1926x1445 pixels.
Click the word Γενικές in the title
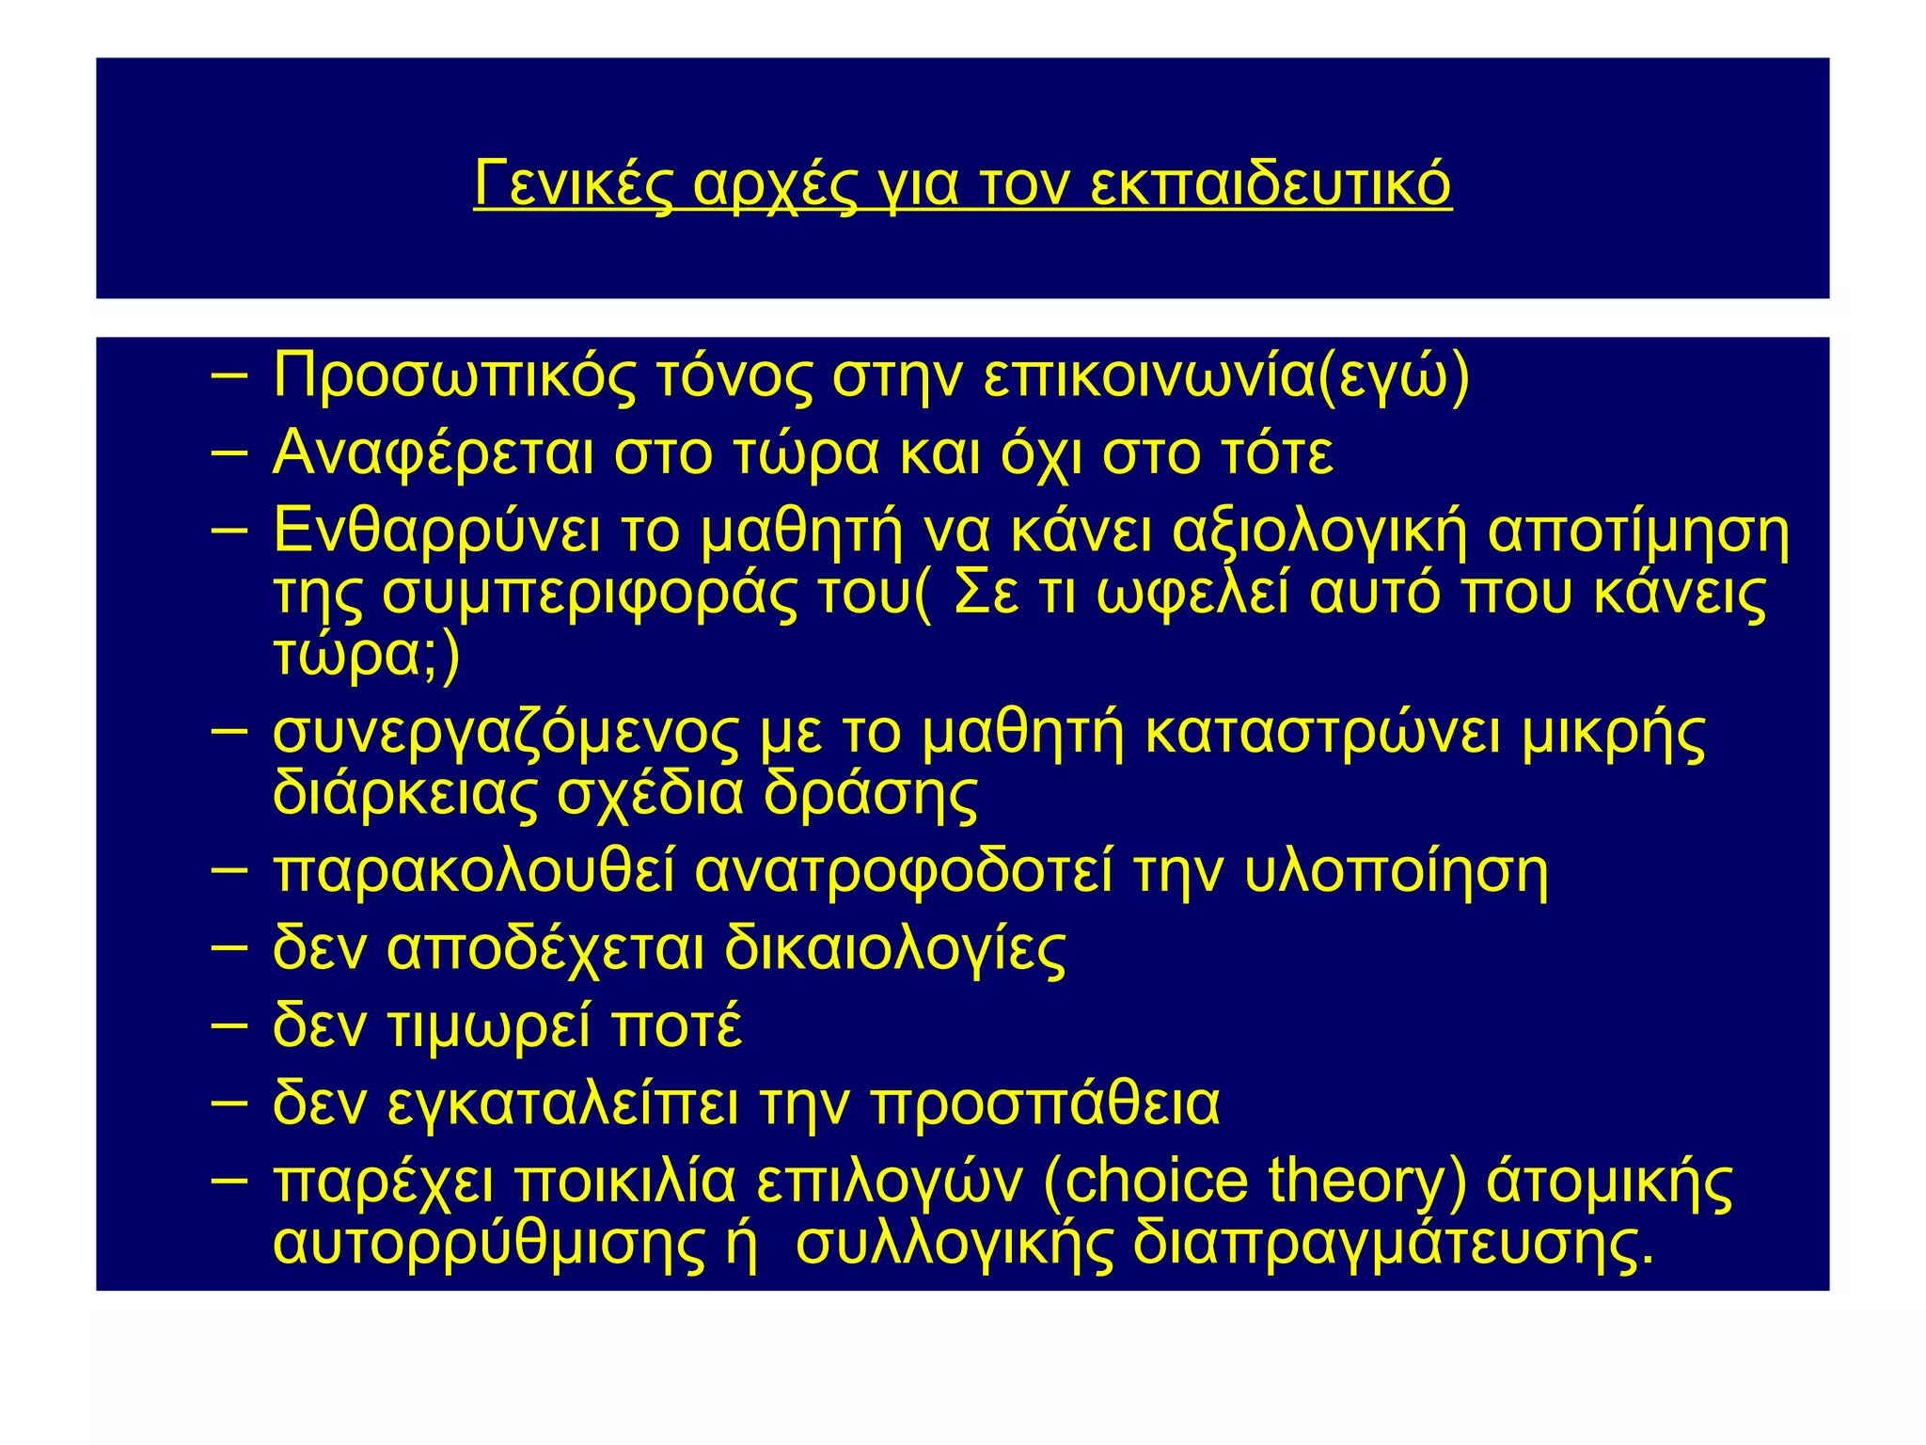573,183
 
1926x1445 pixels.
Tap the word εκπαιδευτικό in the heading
1271,183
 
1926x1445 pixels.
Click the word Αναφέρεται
433,453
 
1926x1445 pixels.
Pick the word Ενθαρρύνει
436,531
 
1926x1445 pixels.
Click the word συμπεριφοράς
589,594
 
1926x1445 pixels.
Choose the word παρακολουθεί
474,872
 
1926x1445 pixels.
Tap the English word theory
1367,1182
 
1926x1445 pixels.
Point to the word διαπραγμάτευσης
1393,1244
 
